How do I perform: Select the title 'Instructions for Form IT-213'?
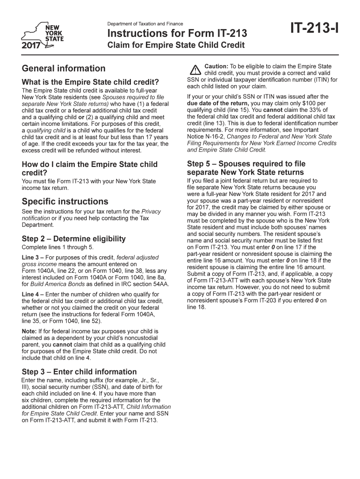pos(177,34)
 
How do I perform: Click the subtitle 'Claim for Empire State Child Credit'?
pos(176,46)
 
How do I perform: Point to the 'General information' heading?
pos(64,68)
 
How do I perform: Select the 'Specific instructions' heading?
pos(65,202)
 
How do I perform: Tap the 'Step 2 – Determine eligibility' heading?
pos(74,239)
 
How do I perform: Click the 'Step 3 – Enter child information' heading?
pos(79,372)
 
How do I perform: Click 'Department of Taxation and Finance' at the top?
pos(145,24)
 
